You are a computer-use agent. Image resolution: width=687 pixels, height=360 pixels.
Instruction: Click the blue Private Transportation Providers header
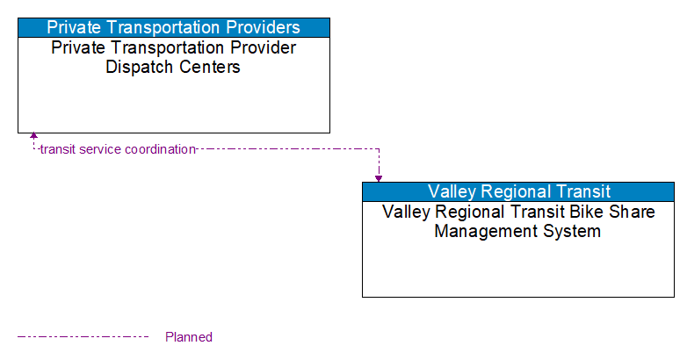point(174,27)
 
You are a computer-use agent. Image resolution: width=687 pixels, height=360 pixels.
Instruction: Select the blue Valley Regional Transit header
point(518,191)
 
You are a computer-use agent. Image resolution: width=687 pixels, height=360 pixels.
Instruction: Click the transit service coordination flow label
point(118,149)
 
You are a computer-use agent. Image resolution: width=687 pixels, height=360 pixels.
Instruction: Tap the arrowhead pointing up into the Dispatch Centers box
point(33,136)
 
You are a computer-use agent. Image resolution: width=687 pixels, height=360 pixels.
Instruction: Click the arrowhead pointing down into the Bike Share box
point(379,178)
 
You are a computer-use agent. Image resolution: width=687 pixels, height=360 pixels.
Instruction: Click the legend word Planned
point(189,337)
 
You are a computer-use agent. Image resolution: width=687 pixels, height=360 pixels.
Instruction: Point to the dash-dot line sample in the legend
point(83,336)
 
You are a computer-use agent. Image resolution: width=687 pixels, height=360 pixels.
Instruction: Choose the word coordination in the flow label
point(160,149)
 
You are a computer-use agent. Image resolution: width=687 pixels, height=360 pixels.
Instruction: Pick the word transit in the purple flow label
point(57,149)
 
